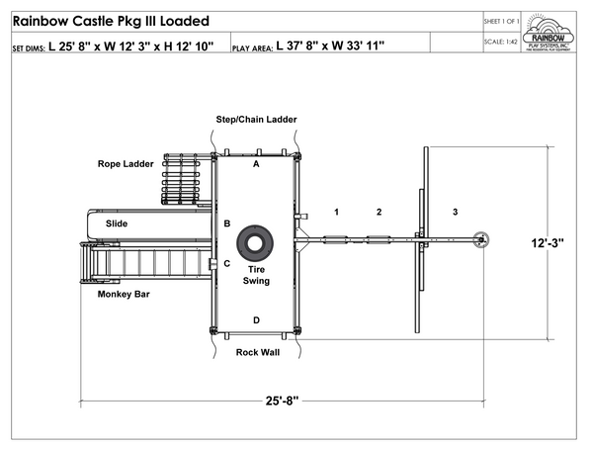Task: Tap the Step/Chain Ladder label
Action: coord(256,120)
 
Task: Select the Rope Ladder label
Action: coord(124,163)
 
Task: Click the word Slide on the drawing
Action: coord(117,224)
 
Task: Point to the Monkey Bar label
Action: coord(124,294)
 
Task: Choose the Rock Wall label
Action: coord(256,351)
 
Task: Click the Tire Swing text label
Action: coord(256,275)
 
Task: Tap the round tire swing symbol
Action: coord(256,241)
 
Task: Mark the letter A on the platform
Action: coord(256,164)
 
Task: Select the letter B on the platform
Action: coord(227,224)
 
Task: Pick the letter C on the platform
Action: coord(227,263)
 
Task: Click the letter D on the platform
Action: coord(256,319)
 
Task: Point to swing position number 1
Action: coord(336,212)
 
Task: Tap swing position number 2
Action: coord(378,212)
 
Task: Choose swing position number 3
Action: coord(455,212)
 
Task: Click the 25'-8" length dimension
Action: coord(282,400)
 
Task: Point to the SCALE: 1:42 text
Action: coord(502,42)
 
